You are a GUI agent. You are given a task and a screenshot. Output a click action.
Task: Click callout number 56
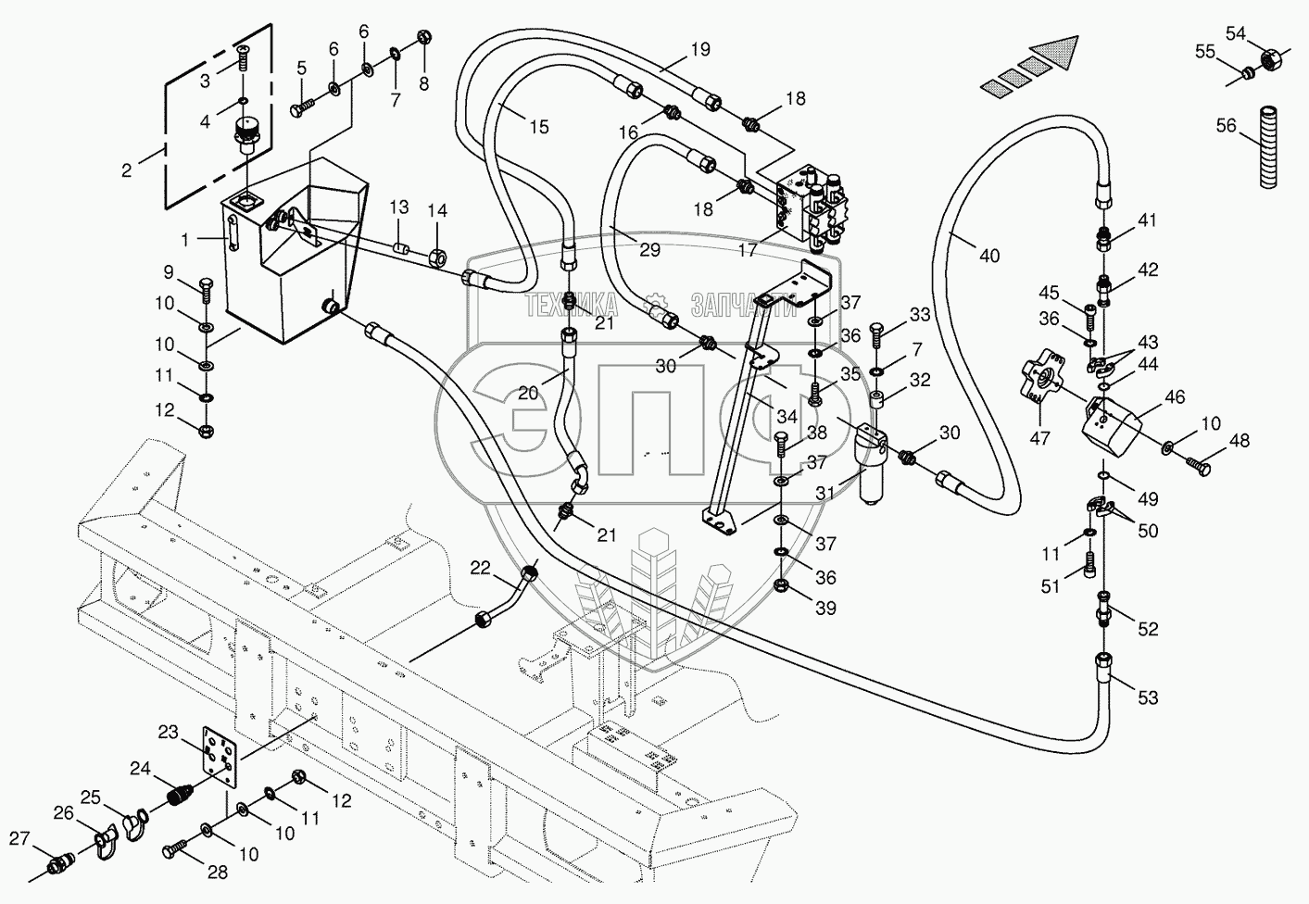click(1227, 126)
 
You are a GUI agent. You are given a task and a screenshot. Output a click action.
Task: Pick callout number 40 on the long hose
click(989, 256)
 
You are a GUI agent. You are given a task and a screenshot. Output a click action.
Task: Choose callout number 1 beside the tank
click(185, 240)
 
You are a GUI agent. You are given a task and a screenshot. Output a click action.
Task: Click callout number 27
click(19, 838)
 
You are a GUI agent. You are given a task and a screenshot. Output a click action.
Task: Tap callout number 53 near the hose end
click(1148, 698)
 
